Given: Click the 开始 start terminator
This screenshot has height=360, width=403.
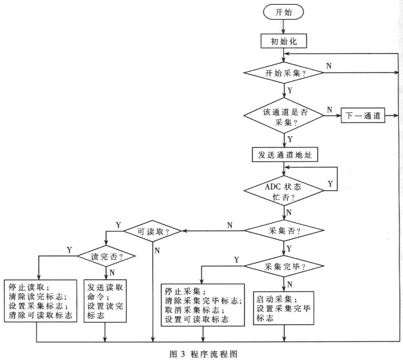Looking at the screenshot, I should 284,12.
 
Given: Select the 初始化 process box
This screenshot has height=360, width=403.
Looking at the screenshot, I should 284,41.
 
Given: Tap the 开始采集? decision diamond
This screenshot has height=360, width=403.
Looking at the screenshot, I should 284,73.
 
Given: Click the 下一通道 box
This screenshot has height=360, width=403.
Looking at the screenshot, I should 363,116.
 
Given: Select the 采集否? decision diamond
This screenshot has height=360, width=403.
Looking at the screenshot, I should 284,231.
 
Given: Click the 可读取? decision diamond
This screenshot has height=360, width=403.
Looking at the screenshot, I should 153,231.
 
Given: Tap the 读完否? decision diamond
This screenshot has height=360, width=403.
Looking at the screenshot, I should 105,256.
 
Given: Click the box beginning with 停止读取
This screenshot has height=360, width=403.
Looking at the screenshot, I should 40,301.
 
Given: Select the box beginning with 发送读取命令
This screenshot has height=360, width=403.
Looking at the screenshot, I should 105,301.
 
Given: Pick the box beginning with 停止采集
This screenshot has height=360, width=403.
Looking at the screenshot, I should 202,305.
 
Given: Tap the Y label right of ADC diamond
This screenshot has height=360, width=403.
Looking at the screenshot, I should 330,184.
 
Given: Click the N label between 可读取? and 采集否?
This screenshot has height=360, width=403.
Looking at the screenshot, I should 230,225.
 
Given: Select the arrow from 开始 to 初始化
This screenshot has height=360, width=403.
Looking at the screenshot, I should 284,25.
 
